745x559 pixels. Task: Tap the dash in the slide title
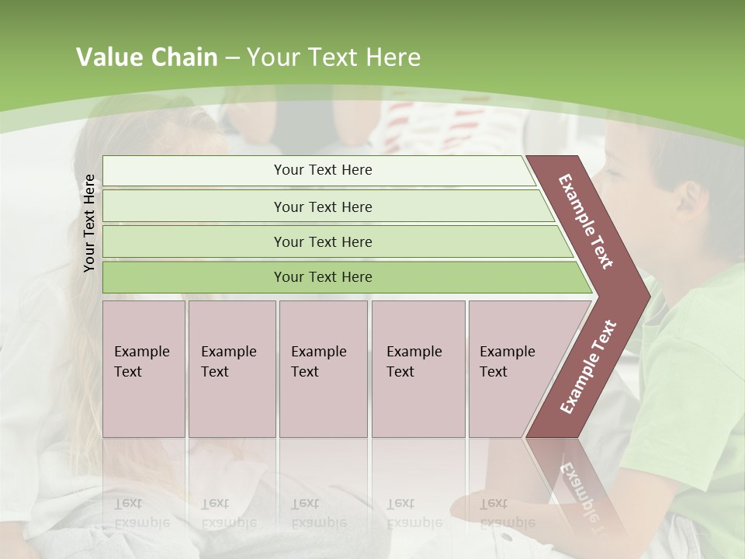pos(232,58)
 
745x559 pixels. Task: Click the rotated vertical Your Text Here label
pos(89,223)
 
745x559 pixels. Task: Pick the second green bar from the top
pos(322,207)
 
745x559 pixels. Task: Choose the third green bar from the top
pos(322,241)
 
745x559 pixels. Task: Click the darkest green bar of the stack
pos(322,277)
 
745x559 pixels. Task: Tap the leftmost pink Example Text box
pos(144,369)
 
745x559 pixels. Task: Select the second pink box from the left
pos(231,369)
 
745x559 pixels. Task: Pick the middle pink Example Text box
pos(323,369)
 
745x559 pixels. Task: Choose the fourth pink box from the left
pos(418,369)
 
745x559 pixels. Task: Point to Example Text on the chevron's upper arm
pos(586,221)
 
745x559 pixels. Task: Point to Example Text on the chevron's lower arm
pos(587,366)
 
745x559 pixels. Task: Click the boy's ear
pos(688,198)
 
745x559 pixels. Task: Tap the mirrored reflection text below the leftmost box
pos(142,513)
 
